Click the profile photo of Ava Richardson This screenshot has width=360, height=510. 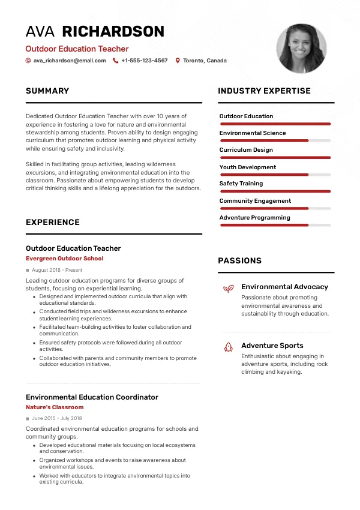302,49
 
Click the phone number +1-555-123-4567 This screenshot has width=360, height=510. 144,61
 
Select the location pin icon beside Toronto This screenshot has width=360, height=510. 178,61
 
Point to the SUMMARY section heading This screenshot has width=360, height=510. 47,91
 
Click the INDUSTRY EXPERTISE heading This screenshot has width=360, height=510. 264,91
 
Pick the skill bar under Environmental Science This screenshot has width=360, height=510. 275,140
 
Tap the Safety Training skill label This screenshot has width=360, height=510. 241,184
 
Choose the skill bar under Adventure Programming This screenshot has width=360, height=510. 275,225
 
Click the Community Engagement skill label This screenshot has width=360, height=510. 255,201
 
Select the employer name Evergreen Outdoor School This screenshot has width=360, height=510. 65,259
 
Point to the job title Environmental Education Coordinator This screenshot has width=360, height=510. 92,397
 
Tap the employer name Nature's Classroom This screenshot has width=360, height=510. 55,407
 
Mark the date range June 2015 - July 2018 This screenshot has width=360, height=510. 57,418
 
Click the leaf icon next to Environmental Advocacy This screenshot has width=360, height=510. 228,289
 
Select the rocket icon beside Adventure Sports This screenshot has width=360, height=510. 228,347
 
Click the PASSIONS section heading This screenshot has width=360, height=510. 239,261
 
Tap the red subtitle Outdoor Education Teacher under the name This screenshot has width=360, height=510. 77,49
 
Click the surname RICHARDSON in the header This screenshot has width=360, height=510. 113,31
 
